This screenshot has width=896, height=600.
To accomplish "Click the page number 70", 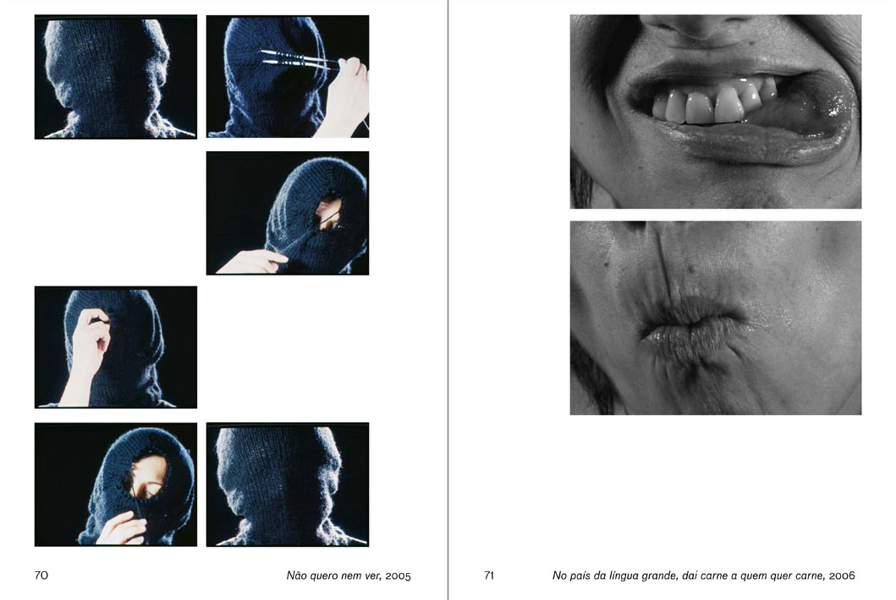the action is click(41, 575).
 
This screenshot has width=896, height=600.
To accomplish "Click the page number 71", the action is click(488, 575).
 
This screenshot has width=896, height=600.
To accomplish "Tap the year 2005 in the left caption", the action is click(398, 575).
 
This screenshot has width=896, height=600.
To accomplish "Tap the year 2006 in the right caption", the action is click(843, 575).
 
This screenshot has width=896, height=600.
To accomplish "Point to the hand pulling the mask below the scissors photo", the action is click(251, 261).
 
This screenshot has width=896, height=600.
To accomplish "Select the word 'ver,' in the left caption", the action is click(372, 575).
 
